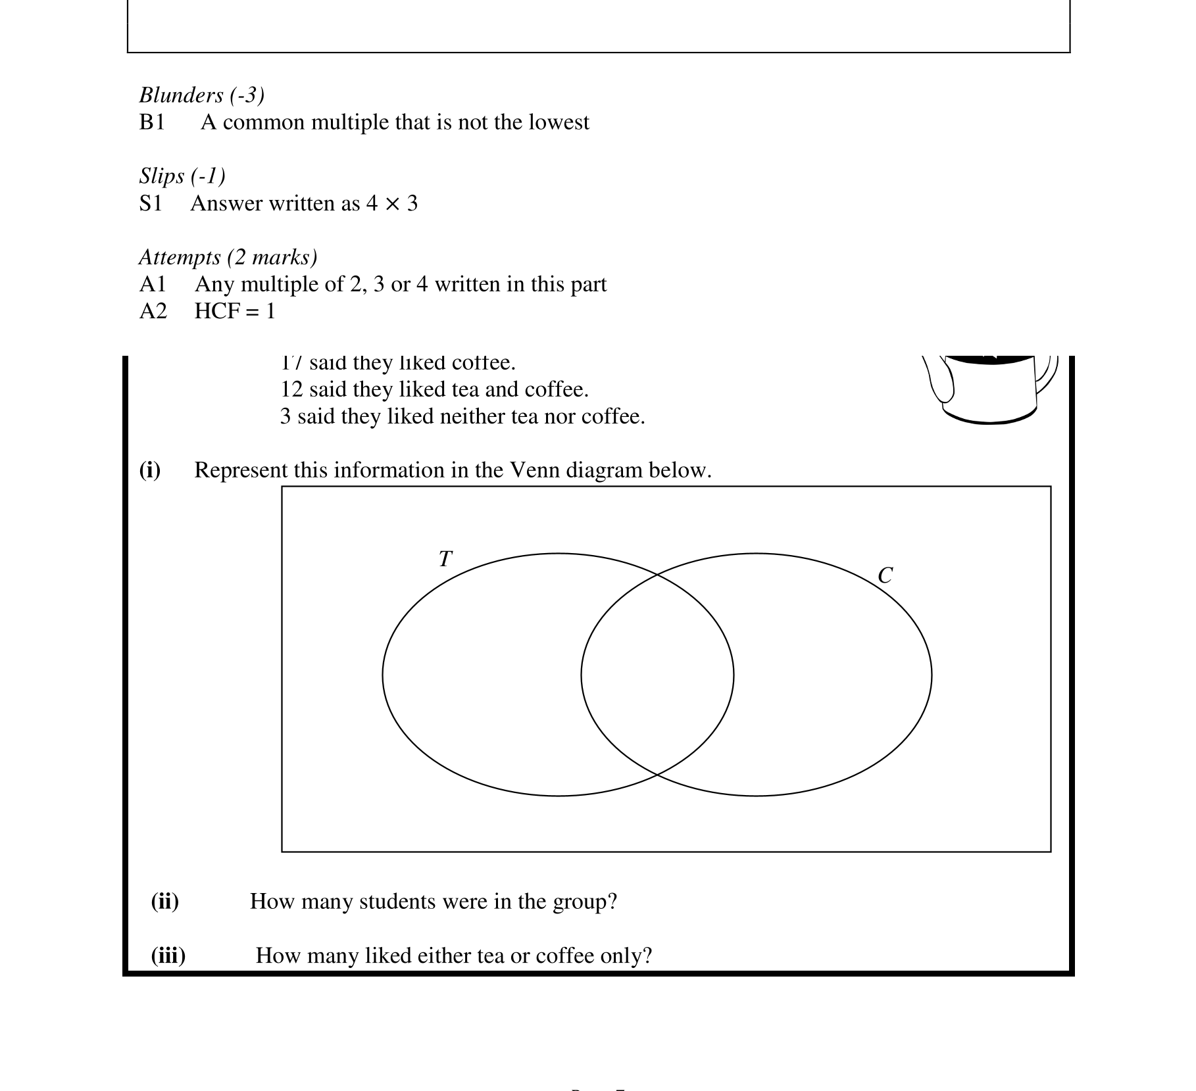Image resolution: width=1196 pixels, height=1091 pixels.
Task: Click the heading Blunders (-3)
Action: [x=201, y=95]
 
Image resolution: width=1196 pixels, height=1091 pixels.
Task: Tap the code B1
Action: [x=152, y=122]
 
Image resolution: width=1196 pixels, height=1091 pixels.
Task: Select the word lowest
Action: [x=559, y=122]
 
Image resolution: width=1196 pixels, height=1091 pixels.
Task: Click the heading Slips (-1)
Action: [x=182, y=176]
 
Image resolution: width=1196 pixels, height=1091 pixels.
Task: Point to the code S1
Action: [x=151, y=204]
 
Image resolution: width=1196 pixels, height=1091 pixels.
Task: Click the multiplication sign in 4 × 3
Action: [x=392, y=204]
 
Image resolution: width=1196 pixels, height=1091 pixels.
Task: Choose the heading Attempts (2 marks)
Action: [x=228, y=257]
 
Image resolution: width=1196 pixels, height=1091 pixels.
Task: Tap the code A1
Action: [x=153, y=284]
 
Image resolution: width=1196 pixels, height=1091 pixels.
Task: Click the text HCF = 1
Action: [x=235, y=311]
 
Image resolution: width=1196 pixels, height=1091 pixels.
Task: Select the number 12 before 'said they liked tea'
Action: [x=291, y=389]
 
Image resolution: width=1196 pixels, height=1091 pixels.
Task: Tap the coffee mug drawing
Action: [x=990, y=388]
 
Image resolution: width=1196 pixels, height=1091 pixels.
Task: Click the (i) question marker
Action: [x=150, y=470]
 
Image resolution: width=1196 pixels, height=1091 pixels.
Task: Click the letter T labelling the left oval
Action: [x=445, y=559]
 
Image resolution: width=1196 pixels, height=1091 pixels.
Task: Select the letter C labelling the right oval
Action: [x=885, y=575]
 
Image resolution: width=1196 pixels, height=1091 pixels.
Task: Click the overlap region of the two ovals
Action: [x=657, y=675]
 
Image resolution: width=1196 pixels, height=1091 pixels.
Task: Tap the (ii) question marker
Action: [x=164, y=901]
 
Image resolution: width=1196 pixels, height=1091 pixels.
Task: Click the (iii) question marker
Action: [x=168, y=955]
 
